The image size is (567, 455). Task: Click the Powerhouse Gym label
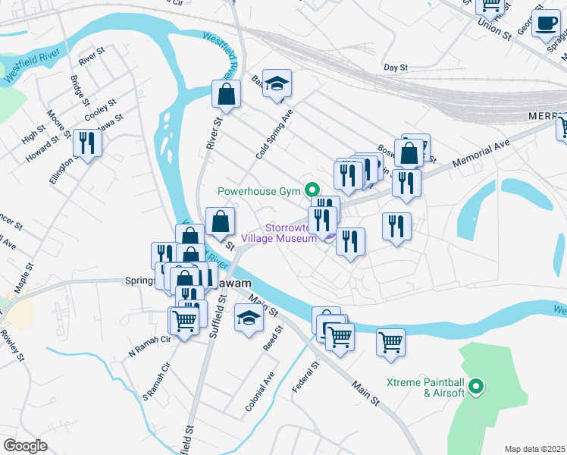[258, 191]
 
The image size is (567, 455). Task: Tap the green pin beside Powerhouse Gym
[311, 189]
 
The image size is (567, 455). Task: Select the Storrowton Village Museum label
[277, 233]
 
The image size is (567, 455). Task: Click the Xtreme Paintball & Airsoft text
[424, 387]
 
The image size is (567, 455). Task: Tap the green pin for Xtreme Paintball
[476, 388]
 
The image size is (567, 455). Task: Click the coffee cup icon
[545, 23]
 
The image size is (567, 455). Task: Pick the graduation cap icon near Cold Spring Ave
[277, 83]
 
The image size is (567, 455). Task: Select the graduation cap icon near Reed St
[248, 318]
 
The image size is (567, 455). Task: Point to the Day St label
[396, 67]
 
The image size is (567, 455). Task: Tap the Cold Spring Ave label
[274, 132]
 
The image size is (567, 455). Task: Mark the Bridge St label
[80, 90]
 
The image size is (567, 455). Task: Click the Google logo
[25, 445]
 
